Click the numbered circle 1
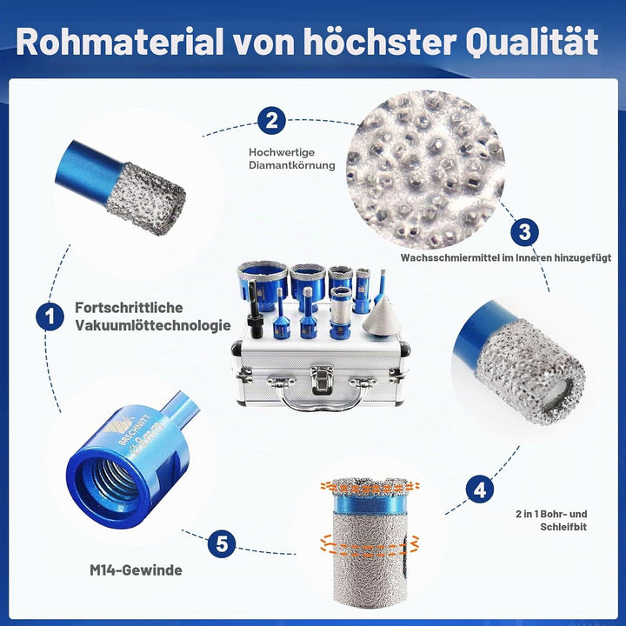(50, 316)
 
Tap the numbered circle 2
(271, 120)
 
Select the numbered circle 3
(524, 232)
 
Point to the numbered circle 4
(479, 489)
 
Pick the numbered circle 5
(222, 543)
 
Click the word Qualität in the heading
(532, 43)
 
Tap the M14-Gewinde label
(136, 570)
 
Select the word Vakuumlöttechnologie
(153, 325)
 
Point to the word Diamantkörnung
(292, 165)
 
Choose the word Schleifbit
(563, 527)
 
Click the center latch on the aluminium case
(322, 379)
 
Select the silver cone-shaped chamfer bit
(381, 318)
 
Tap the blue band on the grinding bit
(370, 504)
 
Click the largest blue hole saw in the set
(263, 284)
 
